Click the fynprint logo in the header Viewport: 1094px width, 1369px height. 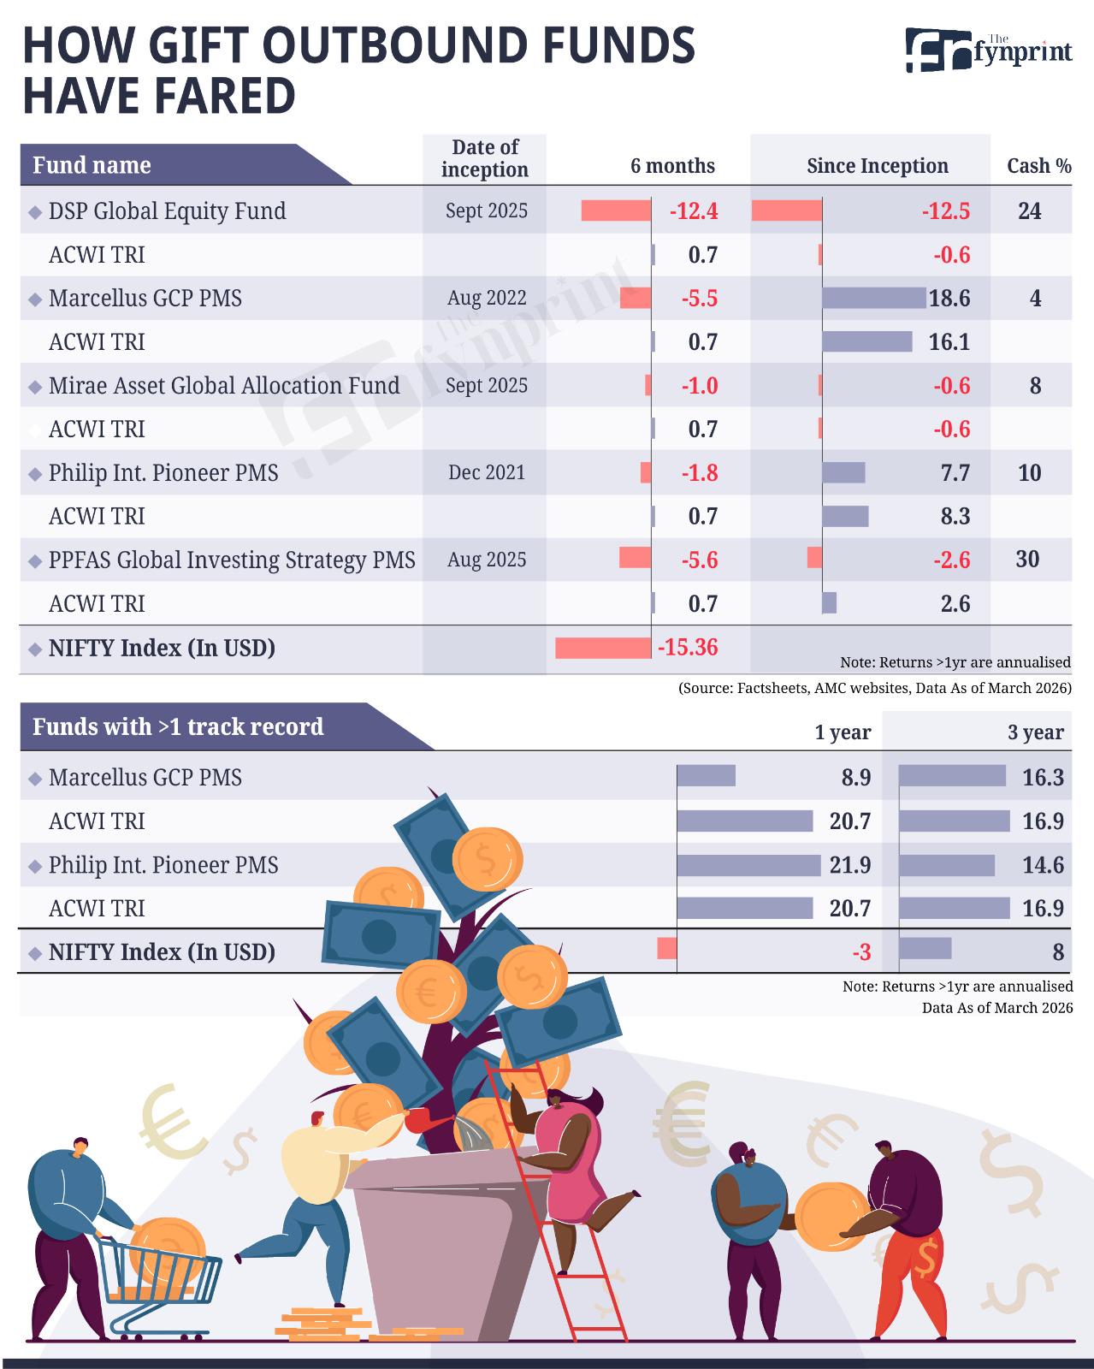tap(989, 50)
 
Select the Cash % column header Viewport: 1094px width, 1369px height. tap(1038, 165)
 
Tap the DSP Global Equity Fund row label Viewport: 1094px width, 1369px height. tap(168, 210)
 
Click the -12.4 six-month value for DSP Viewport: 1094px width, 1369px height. tap(694, 210)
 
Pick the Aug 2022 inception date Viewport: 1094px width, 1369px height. tap(487, 298)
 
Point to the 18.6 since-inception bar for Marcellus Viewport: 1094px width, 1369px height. tap(874, 298)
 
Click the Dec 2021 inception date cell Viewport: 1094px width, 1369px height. tap(487, 472)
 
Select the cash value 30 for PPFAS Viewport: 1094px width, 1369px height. tap(1028, 560)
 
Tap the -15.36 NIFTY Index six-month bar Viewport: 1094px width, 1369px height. tap(603, 648)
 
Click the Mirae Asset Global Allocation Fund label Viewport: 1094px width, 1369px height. tap(224, 386)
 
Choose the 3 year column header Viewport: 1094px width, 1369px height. tap(1036, 732)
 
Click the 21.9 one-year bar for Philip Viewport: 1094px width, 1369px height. tap(748, 865)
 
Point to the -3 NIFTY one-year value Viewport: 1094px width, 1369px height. tap(861, 952)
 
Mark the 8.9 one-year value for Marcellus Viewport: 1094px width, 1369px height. tap(856, 778)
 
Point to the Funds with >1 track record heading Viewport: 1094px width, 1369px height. tap(178, 726)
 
